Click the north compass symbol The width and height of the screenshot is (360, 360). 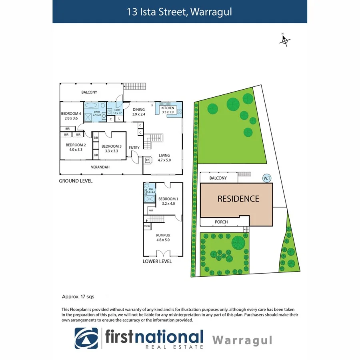285,40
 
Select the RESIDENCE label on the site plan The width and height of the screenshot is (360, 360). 238,199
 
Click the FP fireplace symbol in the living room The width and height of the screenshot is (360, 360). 147,160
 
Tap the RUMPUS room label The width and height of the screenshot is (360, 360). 163,236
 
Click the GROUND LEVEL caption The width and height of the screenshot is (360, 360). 76,181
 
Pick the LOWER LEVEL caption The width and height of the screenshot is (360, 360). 157,261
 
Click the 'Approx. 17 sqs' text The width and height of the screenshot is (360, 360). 78,297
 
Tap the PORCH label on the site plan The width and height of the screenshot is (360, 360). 221,222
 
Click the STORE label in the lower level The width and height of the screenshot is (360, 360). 147,227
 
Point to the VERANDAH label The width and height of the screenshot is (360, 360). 100,167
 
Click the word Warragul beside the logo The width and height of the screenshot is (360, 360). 242,340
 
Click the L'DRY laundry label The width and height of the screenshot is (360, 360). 117,110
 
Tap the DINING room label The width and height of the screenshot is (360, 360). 138,110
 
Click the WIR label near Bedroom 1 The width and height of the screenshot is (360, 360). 151,210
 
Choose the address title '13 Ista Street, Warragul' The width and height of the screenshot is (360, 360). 180,12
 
